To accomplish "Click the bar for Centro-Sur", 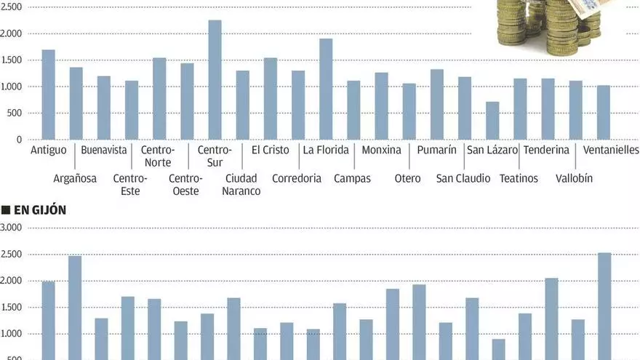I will tap(215, 80).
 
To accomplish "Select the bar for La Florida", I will tap(326, 89).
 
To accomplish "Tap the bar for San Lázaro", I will tap(492, 121).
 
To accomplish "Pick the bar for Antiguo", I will tap(48, 95).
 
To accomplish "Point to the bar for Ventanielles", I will tap(604, 113).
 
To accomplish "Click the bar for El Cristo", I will tap(271, 99).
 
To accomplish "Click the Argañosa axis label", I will tap(75, 179).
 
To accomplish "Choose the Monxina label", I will tap(381, 151).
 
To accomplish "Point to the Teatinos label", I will tap(519, 179).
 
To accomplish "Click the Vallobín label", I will tap(575, 179).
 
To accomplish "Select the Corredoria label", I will tap(297, 179).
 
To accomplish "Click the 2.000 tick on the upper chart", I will tap(12, 34).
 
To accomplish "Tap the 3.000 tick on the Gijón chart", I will tap(12, 228).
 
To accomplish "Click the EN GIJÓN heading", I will tap(40, 210).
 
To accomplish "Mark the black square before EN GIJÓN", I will tap(6, 210).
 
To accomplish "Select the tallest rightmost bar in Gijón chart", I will tap(604, 305).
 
